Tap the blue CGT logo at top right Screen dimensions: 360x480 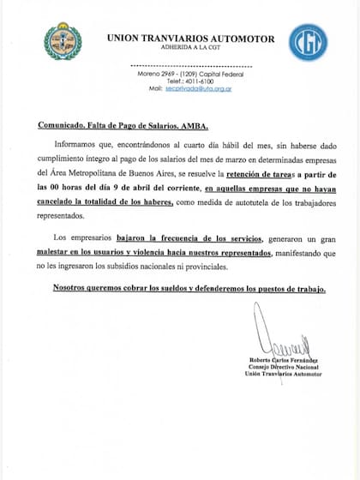(306, 41)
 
